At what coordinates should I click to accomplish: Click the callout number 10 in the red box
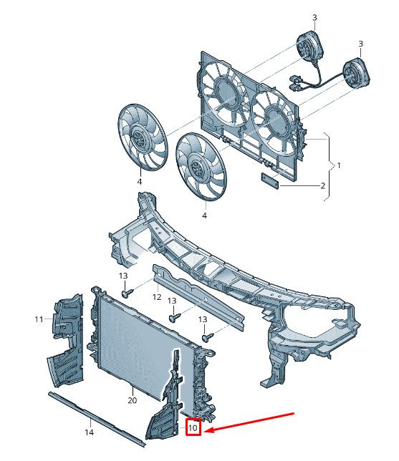click(x=193, y=427)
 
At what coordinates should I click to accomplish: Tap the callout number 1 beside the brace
click(x=339, y=165)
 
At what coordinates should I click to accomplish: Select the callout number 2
click(x=323, y=185)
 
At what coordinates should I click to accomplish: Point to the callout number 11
click(x=39, y=319)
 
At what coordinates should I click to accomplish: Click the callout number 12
click(x=157, y=297)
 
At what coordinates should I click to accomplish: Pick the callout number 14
click(x=89, y=432)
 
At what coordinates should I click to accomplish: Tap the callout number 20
click(x=133, y=400)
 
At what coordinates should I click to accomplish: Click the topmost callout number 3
click(x=314, y=18)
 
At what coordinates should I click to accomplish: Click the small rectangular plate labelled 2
click(x=269, y=181)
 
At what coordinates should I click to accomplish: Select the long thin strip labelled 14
click(x=97, y=419)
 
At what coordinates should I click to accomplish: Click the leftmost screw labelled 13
click(x=127, y=293)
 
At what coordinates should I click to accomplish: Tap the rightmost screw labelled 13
click(x=208, y=337)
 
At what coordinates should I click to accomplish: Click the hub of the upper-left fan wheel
click(x=138, y=136)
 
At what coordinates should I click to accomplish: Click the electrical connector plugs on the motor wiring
click(x=294, y=82)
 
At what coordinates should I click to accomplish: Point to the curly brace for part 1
click(x=329, y=166)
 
